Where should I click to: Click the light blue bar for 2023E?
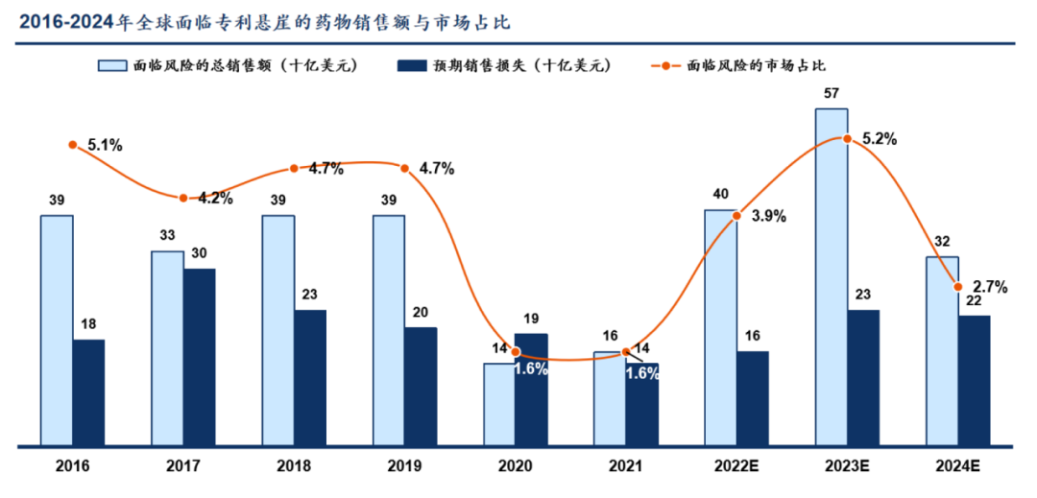click(x=832, y=276)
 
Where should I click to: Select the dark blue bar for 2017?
click(x=200, y=357)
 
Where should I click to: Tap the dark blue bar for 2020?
click(x=531, y=390)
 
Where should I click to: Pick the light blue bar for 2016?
click(x=57, y=330)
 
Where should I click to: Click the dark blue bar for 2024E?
click(x=975, y=380)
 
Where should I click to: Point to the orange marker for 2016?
click(x=73, y=145)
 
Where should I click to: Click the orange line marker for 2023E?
click(x=847, y=138)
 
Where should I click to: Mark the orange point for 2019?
click(x=405, y=168)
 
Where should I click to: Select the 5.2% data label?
click(x=880, y=139)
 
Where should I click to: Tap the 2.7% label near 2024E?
click(x=990, y=287)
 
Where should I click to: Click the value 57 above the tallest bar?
click(x=832, y=94)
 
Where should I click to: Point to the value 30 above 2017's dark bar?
click(x=200, y=254)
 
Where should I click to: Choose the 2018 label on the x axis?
click(x=294, y=467)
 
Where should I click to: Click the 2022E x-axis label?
click(x=736, y=467)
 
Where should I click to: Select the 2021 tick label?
click(x=626, y=467)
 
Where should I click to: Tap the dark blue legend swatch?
click(x=411, y=65)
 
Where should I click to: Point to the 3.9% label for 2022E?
click(x=769, y=216)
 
